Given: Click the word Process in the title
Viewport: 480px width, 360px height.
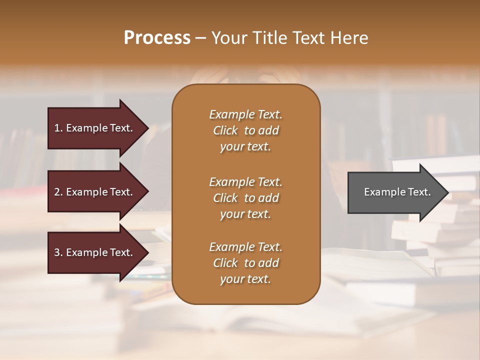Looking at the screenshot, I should coord(157,37).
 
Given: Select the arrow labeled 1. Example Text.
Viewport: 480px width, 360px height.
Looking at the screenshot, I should coord(95,128).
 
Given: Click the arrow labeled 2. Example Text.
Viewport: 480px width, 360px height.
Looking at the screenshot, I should coord(95,192).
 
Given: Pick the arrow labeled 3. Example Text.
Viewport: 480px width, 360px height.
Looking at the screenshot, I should coord(95,252).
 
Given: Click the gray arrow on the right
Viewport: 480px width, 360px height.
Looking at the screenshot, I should coord(395,192).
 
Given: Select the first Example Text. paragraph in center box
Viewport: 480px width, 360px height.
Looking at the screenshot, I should coord(245,130).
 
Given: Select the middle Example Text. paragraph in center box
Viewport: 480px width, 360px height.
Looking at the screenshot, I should coord(245,198).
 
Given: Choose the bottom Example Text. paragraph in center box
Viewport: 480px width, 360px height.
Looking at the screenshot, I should coord(245,263).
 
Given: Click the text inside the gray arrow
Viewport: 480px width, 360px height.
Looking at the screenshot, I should coord(397,192).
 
